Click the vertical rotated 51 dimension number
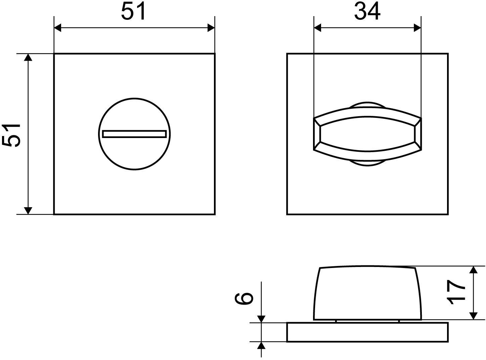click(11, 135)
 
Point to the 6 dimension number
click(244, 299)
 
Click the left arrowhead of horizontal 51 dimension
click(58, 28)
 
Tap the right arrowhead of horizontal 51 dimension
click(211, 28)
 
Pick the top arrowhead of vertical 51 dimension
click(28, 57)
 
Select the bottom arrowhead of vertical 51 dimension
click(28, 211)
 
